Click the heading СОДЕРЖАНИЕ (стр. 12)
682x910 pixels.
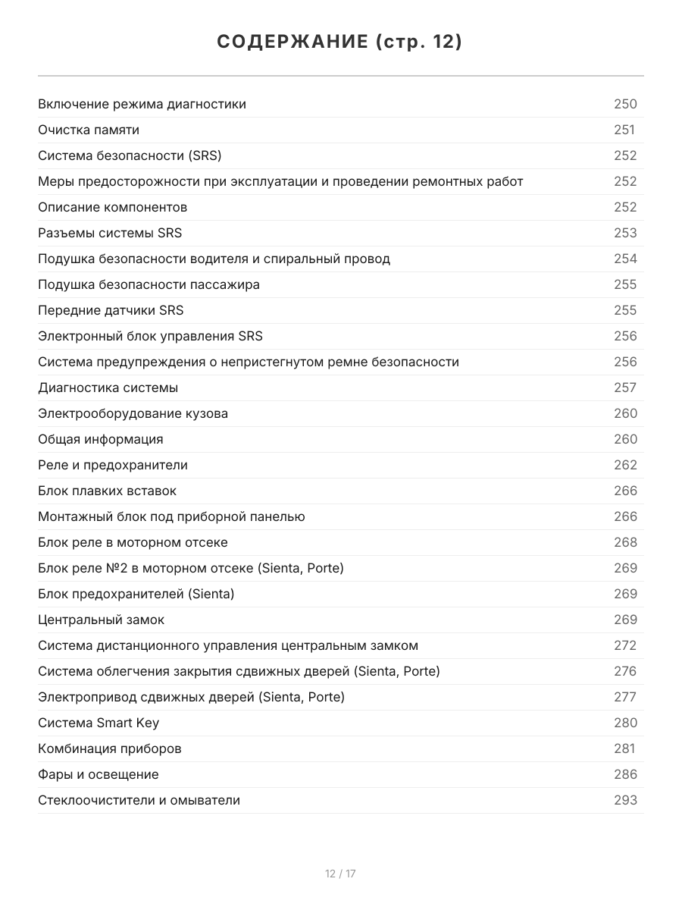click(339, 42)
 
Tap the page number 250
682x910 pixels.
click(625, 104)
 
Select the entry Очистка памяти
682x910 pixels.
click(89, 130)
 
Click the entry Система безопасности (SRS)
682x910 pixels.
click(130, 155)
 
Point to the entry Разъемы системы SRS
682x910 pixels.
click(110, 233)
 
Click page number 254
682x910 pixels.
click(625, 259)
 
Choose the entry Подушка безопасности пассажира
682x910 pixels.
click(149, 284)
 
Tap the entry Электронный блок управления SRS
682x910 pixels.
click(150, 336)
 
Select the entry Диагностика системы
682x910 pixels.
click(108, 388)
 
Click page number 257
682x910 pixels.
click(625, 388)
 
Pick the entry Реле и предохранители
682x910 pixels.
click(113, 465)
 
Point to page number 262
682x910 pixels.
click(625, 465)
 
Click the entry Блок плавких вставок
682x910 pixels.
click(107, 491)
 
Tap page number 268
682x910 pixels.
click(625, 542)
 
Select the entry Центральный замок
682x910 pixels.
click(101, 620)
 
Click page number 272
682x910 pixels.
click(625, 645)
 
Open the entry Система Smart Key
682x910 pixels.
click(99, 723)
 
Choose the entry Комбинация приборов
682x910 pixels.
click(110, 748)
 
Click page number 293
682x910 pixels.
click(625, 800)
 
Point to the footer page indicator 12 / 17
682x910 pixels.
click(340, 874)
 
